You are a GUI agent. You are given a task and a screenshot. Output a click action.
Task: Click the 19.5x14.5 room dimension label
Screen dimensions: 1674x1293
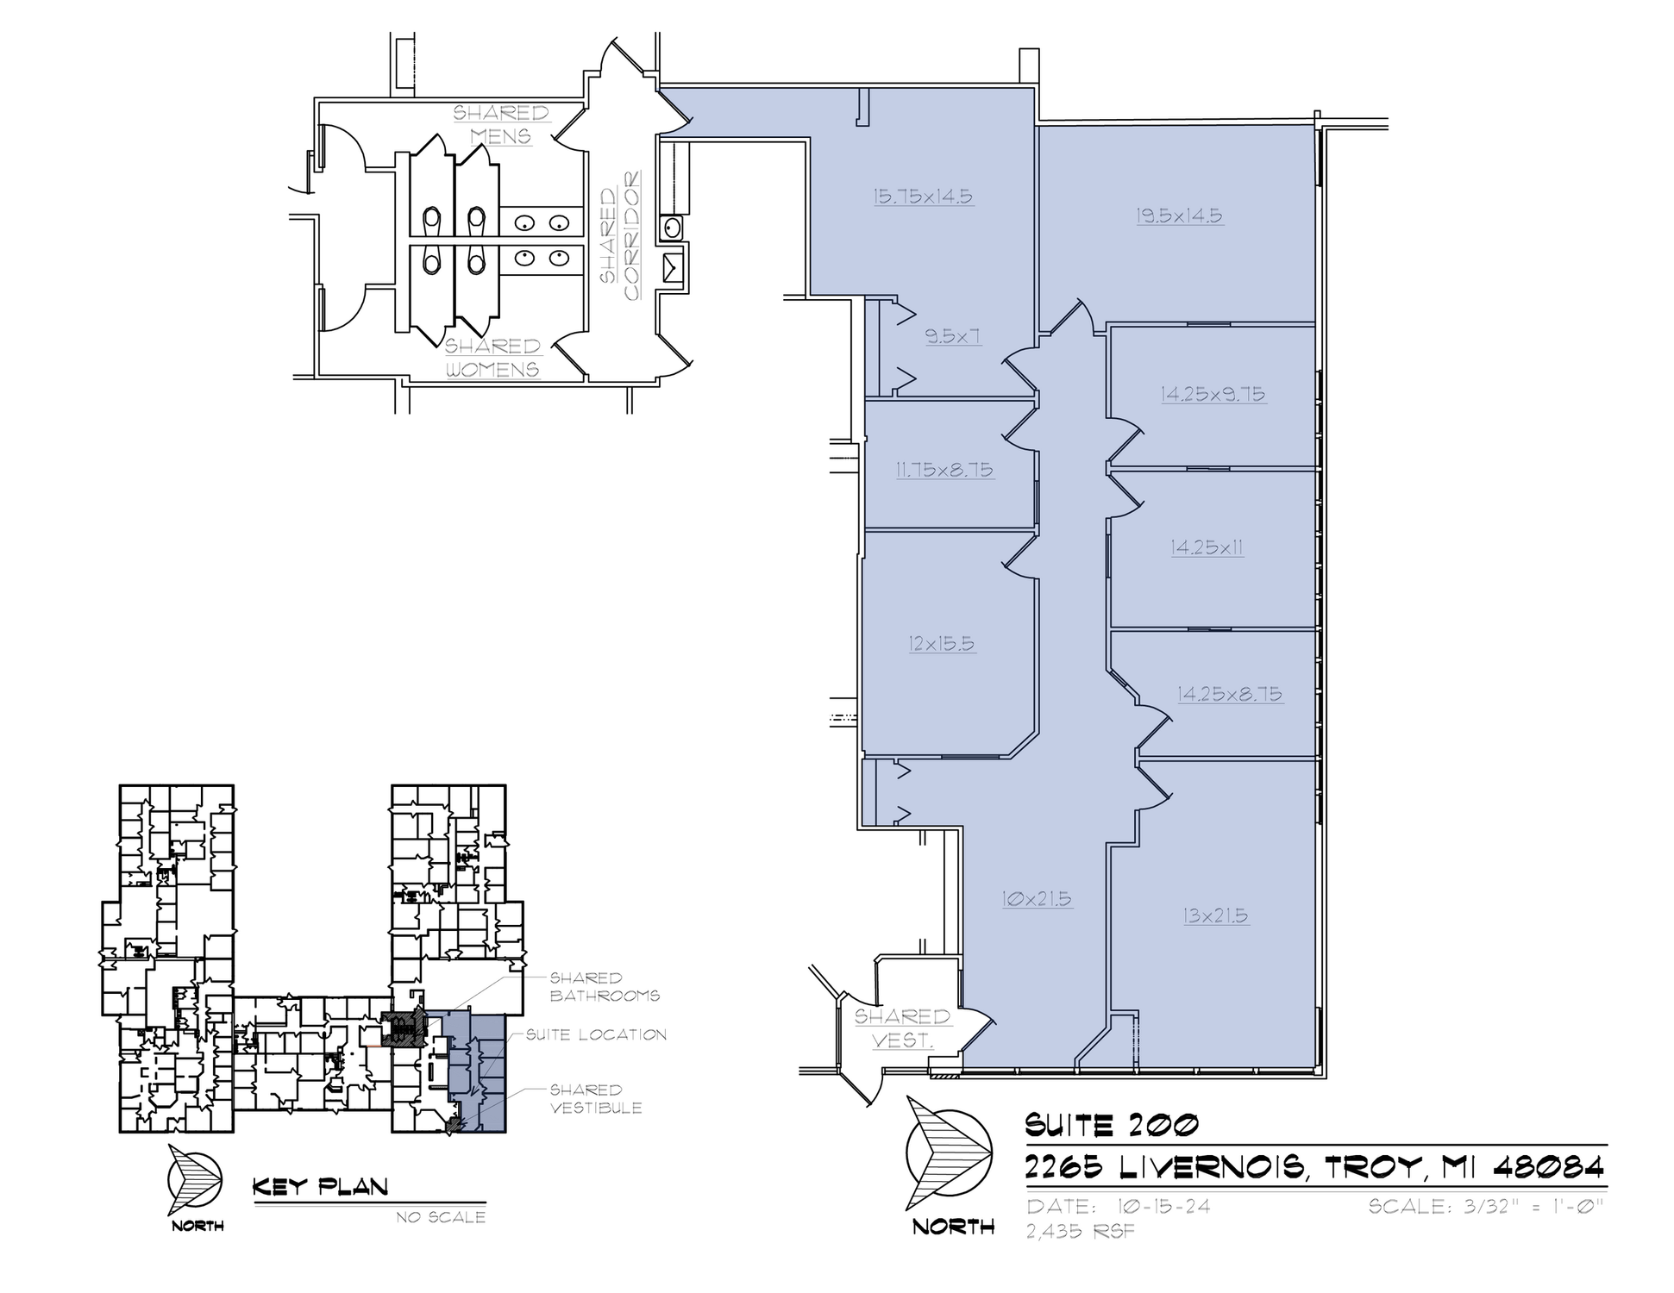pyautogui.click(x=1179, y=215)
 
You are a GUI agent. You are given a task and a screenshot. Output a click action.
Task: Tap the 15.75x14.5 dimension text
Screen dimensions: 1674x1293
pyautogui.click(x=923, y=197)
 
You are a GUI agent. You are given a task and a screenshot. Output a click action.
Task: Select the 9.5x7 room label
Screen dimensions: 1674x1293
pyautogui.click(x=953, y=336)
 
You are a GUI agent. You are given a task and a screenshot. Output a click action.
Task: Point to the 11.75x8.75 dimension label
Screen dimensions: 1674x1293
pyautogui.click(x=944, y=470)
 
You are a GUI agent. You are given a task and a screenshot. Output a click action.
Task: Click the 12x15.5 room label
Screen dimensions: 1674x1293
pyautogui.click(x=942, y=643)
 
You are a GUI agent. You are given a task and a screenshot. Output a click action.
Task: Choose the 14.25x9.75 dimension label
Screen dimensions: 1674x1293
pyautogui.click(x=1213, y=394)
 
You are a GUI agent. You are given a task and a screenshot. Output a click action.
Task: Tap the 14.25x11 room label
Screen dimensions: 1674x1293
pyautogui.click(x=1207, y=547)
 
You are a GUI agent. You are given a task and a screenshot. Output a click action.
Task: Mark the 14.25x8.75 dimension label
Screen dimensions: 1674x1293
pyautogui.click(x=1230, y=694)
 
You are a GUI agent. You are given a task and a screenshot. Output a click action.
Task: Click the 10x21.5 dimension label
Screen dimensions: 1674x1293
pyautogui.click(x=1037, y=899)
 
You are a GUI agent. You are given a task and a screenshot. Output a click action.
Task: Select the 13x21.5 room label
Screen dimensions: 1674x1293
pyautogui.click(x=1216, y=915)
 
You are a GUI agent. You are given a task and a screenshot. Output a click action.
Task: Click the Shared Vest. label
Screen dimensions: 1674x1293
pyautogui.click(x=902, y=1028)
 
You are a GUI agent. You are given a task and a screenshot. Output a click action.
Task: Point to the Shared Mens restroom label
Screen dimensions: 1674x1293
pyautogui.click(x=501, y=125)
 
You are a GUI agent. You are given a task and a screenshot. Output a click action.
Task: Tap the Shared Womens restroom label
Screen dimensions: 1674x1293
pyautogui.click(x=492, y=358)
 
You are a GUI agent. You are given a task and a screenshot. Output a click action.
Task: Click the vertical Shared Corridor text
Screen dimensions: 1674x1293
pyautogui.click(x=621, y=235)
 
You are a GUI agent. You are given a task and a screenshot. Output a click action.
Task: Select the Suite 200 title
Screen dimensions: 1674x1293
pyautogui.click(x=1112, y=1125)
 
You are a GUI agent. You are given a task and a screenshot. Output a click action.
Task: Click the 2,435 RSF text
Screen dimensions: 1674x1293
pyautogui.click(x=1081, y=1231)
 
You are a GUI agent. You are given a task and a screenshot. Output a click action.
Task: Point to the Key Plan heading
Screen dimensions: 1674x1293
pyautogui.click(x=320, y=1187)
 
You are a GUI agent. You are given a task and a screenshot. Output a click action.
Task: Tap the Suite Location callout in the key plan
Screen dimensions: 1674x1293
pyautogui.click(x=596, y=1034)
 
